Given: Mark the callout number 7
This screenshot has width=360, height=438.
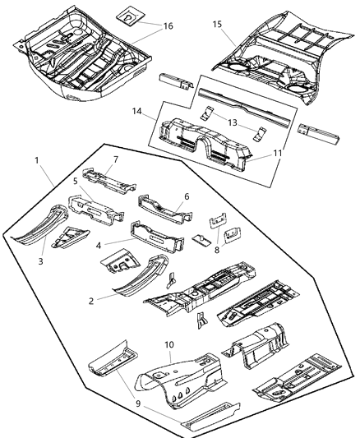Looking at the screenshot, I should click(x=116, y=159).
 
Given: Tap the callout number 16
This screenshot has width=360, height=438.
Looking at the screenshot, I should click(x=167, y=27).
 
